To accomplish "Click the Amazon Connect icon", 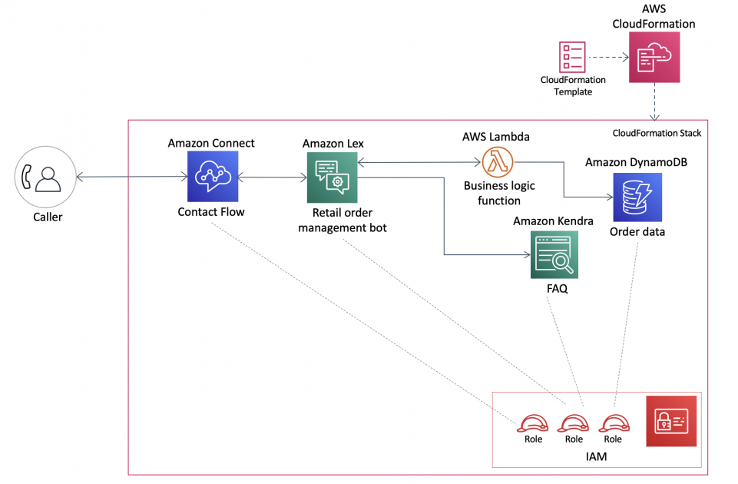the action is [213, 177].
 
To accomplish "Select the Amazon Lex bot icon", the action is [333, 177].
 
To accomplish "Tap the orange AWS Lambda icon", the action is [498, 162].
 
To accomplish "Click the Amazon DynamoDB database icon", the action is [637, 197].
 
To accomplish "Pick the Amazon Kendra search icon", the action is [554, 256].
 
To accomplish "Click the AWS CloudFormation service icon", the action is [654, 58].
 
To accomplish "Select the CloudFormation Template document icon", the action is [572, 57].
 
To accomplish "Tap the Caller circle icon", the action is [45, 177].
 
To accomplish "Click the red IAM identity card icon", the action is [671, 421].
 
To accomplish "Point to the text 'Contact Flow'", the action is [211, 212].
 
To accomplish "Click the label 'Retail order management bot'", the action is [343, 220].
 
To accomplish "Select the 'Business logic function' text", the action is [499, 193].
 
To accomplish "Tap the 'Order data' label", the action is [637, 232].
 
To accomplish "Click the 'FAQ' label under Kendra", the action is [558, 289].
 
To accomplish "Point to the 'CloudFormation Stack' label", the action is [657, 133].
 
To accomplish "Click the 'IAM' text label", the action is [596, 456].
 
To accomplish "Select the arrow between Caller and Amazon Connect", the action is [132, 177].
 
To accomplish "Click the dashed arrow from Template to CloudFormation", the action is [608, 58].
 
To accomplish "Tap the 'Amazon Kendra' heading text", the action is [553, 221].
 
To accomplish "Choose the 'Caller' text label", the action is [48, 217].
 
